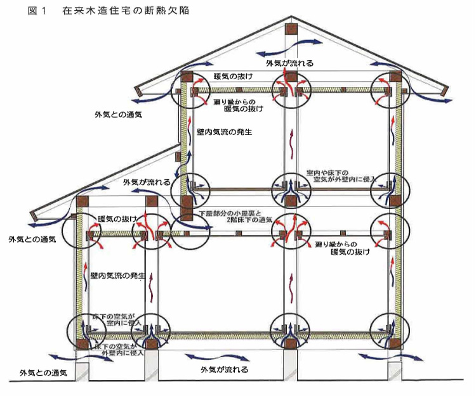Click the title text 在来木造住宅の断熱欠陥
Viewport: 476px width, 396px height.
(x=127, y=12)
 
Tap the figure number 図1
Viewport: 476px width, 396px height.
(x=38, y=12)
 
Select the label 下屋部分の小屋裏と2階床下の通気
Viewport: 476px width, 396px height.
(x=236, y=216)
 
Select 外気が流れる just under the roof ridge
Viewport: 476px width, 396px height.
(x=289, y=63)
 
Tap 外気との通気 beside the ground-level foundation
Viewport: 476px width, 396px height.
(x=44, y=373)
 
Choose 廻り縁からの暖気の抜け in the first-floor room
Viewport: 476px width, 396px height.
(x=345, y=248)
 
